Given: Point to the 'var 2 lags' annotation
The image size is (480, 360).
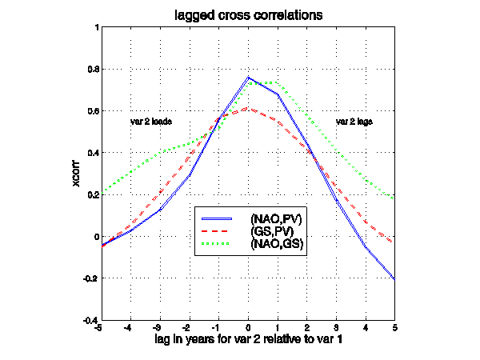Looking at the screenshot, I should pyautogui.click(x=354, y=122).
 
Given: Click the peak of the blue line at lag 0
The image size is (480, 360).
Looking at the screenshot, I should pyautogui.click(x=248, y=78).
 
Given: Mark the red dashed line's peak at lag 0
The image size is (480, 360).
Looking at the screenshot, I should pyautogui.click(x=248, y=109).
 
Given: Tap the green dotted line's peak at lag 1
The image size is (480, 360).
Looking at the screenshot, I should pyautogui.click(x=278, y=82).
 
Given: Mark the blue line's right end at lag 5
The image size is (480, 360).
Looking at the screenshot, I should pyautogui.click(x=394, y=278).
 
